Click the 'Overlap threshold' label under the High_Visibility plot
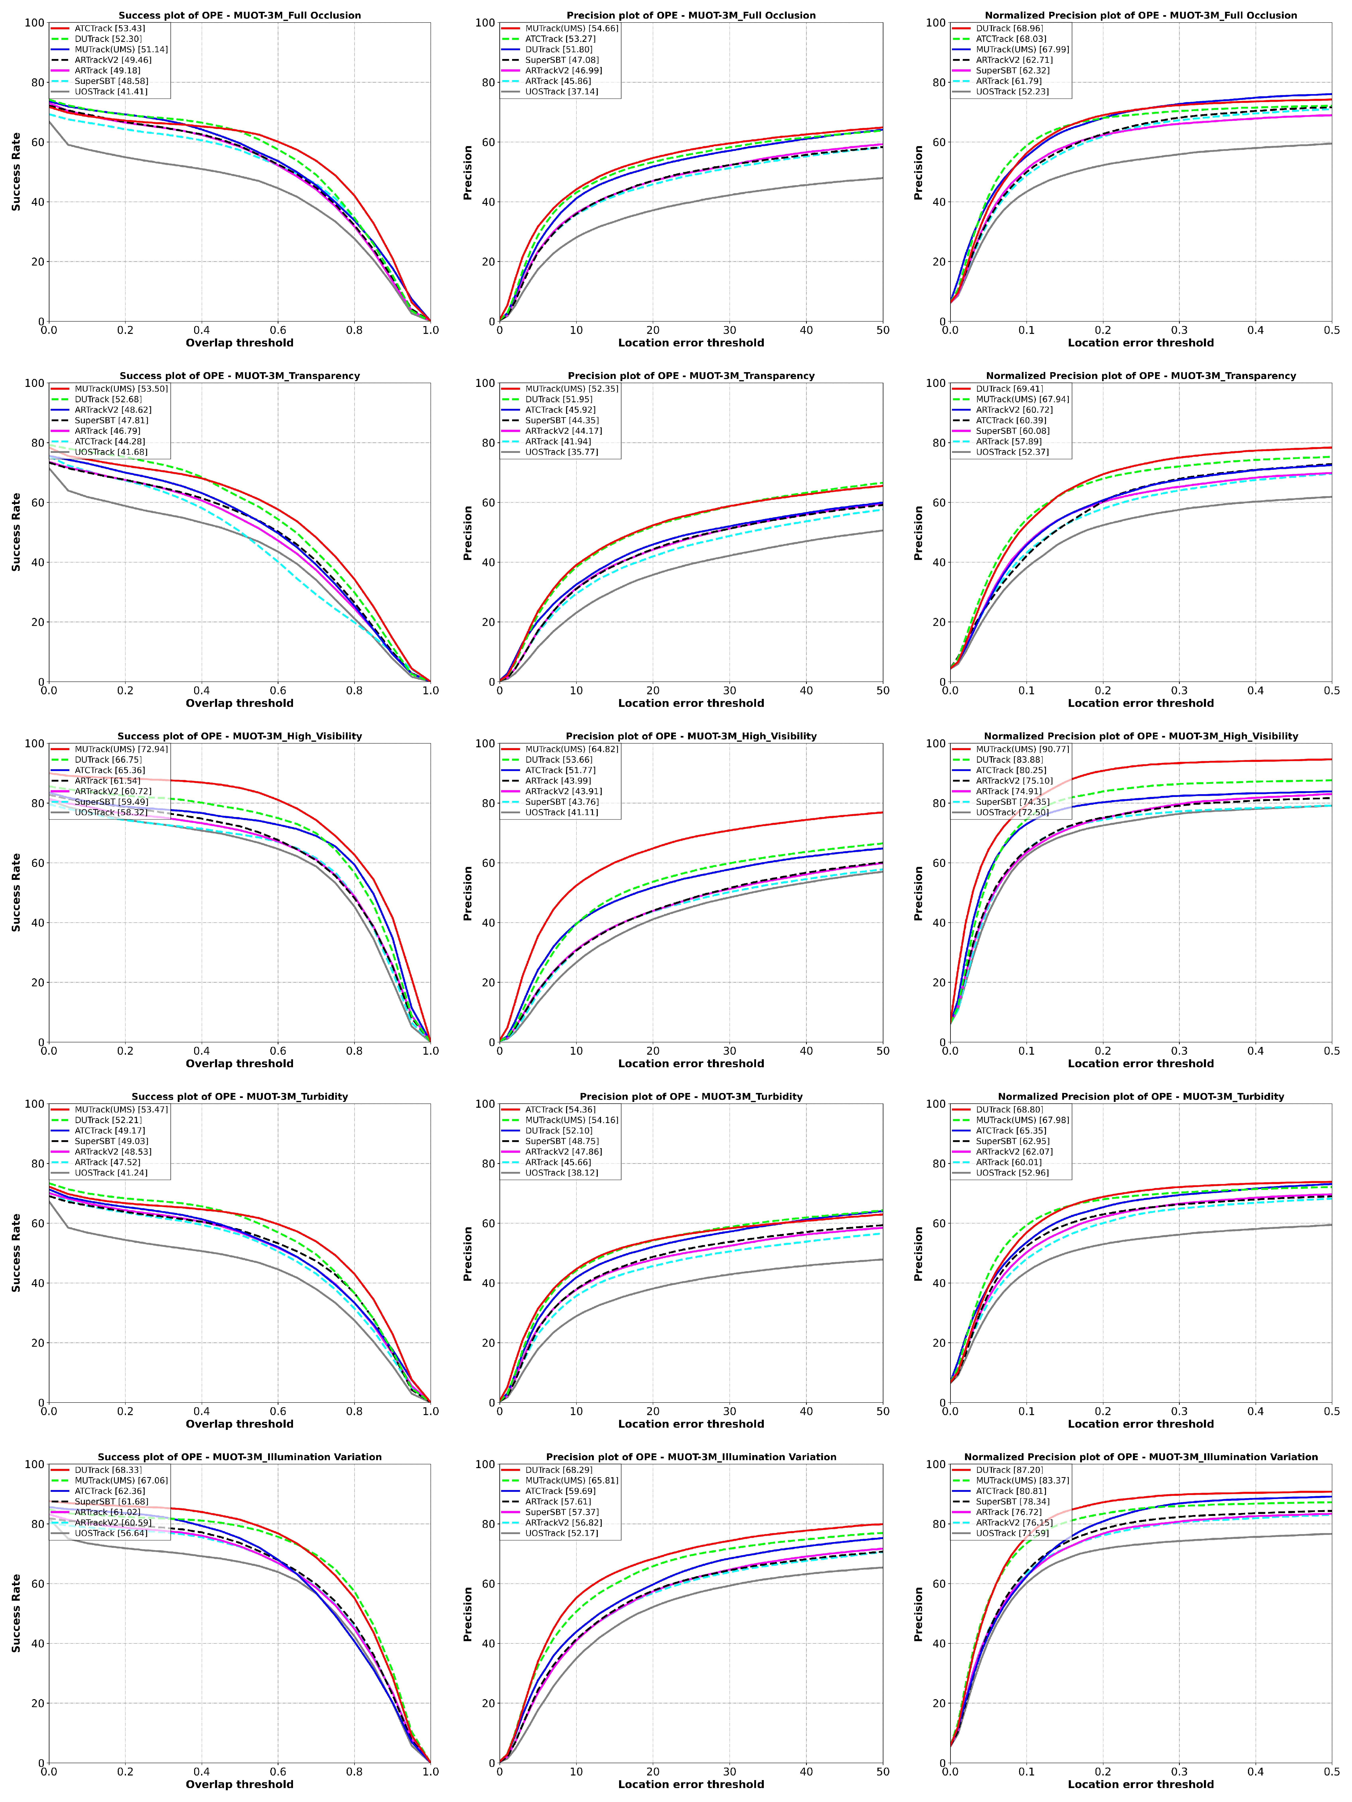(x=239, y=1063)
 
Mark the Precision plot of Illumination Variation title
(x=691, y=1457)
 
